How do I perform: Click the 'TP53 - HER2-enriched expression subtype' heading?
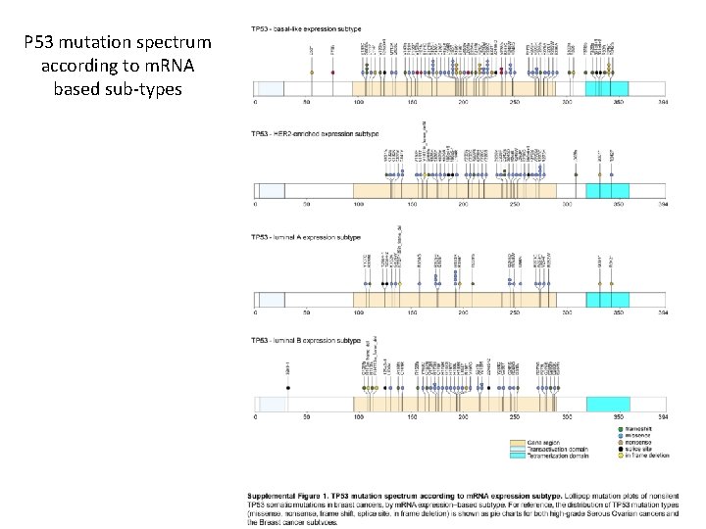tap(315, 132)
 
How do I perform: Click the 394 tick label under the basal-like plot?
tap(664, 101)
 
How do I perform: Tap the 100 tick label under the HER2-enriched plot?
tap(359, 205)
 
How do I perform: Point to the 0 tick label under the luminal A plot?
tap(255, 313)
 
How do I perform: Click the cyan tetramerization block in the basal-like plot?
tap(606, 88)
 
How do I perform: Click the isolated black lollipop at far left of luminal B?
tap(288, 387)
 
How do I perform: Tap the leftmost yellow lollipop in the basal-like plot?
tap(311, 72)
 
